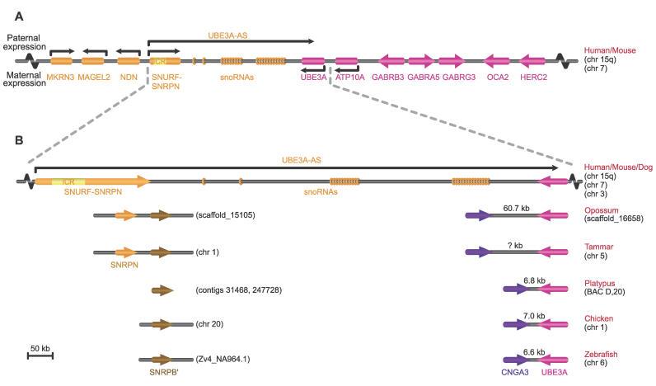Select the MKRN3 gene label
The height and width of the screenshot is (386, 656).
click(62, 77)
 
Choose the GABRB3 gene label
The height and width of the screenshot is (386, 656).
click(388, 77)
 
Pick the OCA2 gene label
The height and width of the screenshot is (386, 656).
click(496, 77)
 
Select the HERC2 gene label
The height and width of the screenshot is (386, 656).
click(533, 77)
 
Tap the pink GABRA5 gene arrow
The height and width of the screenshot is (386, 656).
click(420, 60)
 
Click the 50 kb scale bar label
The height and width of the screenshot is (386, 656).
click(40, 348)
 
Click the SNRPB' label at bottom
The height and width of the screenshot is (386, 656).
click(156, 373)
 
